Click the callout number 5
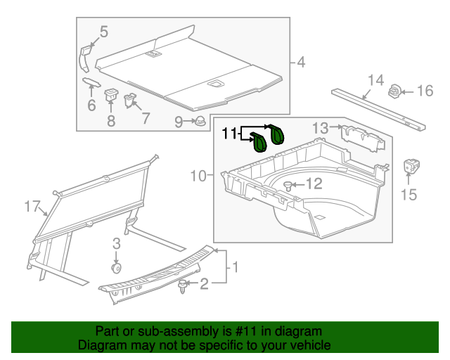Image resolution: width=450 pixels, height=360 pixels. [x=103, y=32]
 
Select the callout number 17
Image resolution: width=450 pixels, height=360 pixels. [x=30, y=206]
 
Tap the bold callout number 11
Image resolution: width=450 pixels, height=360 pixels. [x=231, y=132]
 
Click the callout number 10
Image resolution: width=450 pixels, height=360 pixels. [x=198, y=174]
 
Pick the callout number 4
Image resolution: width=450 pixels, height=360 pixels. [x=301, y=63]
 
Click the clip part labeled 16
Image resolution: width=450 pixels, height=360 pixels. [x=395, y=91]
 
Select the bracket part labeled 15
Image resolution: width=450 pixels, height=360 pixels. [x=410, y=168]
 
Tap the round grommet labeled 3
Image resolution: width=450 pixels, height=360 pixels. [x=117, y=268]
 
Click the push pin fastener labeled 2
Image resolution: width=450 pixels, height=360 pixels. [x=185, y=285]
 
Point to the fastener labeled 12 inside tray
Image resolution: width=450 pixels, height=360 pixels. [x=288, y=186]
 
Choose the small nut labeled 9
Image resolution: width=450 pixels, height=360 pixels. [x=200, y=121]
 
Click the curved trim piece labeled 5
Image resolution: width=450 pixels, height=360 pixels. [x=85, y=56]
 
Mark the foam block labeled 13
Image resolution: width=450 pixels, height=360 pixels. [x=362, y=139]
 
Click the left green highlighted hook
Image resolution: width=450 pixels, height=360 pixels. [x=259, y=143]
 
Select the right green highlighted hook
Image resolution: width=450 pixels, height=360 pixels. [x=277, y=133]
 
